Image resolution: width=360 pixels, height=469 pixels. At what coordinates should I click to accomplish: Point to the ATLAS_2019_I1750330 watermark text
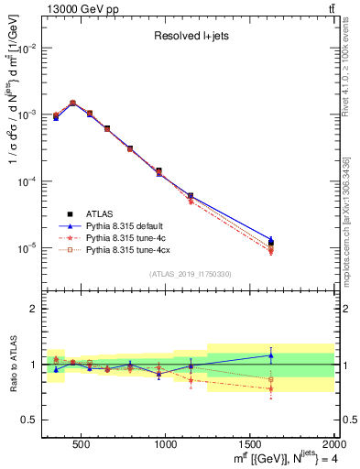point(189,274)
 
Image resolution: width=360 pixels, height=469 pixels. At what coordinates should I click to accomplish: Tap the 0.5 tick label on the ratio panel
point(31,420)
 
